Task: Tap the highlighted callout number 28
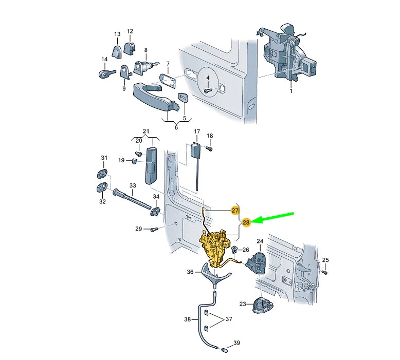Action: pyautogui.click(x=246, y=222)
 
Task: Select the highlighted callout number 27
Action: pyautogui.click(x=235, y=211)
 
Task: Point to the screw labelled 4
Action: pyautogui.click(x=208, y=90)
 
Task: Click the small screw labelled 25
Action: pyautogui.click(x=325, y=272)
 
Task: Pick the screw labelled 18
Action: pyautogui.click(x=209, y=148)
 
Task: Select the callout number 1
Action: pyautogui.click(x=291, y=90)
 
